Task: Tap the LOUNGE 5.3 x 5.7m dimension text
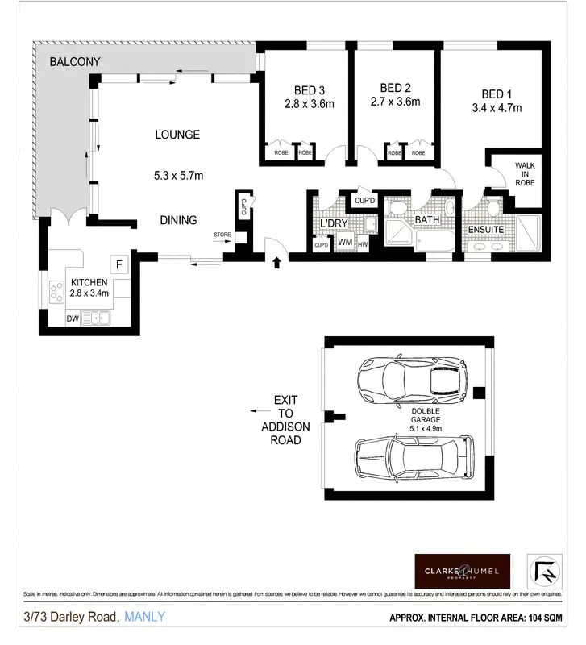click(178, 175)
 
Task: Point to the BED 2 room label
click(390, 88)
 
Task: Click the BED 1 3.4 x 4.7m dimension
click(497, 107)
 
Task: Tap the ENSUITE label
click(487, 230)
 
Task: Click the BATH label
click(426, 219)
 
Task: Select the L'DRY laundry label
click(332, 223)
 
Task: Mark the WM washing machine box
click(344, 241)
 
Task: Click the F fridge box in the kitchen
click(119, 264)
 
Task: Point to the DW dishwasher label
click(72, 318)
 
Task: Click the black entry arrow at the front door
click(277, 261)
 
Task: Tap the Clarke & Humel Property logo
click(462, 570)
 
